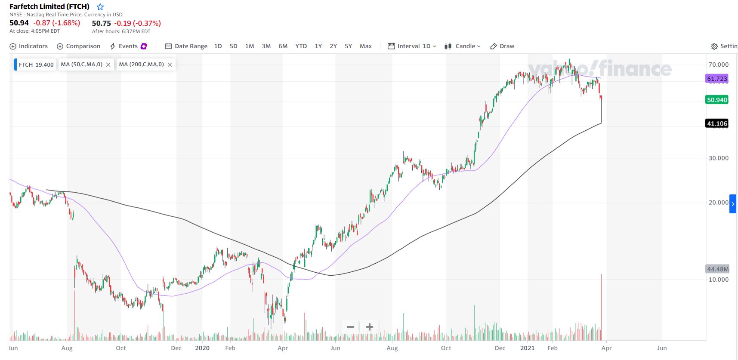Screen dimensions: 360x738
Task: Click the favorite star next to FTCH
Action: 100,7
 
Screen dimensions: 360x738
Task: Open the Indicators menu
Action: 28,46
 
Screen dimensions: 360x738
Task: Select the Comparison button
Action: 78,46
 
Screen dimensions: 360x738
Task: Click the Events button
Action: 128,46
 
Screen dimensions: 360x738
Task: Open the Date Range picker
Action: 186,46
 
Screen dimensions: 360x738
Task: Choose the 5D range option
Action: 233,46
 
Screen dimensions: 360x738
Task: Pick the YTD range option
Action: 301,46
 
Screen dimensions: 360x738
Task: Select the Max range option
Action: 365,46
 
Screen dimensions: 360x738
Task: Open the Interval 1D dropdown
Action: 412,46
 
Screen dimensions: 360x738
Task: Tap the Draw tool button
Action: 502,46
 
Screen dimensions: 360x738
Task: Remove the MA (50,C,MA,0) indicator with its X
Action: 108,65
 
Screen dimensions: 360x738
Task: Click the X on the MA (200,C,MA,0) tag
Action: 170,65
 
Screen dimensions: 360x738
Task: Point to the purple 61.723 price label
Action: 717,79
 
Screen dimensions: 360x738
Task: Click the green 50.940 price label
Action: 717,100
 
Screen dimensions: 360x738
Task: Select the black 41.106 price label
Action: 717,123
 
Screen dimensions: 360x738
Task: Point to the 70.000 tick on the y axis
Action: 718,65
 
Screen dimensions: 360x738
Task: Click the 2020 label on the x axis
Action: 202,348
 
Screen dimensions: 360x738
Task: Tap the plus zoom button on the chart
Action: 369,327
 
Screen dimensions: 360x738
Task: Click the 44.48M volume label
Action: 718,269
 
